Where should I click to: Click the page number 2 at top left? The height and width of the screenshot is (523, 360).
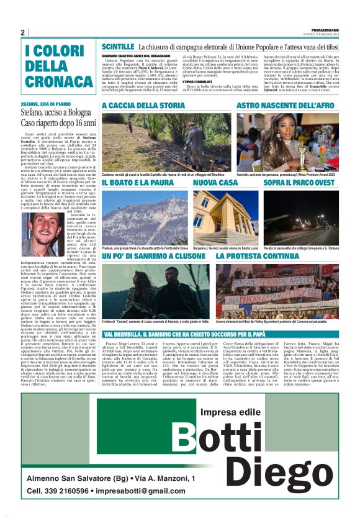point(22,32)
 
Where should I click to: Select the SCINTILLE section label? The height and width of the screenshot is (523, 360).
point(118,47)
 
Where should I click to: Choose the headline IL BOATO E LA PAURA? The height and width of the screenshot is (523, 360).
point(138,183)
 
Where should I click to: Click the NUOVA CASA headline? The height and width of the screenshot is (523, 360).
point(215,183)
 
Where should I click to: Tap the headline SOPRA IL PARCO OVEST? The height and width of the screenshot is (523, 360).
point(300,183)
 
